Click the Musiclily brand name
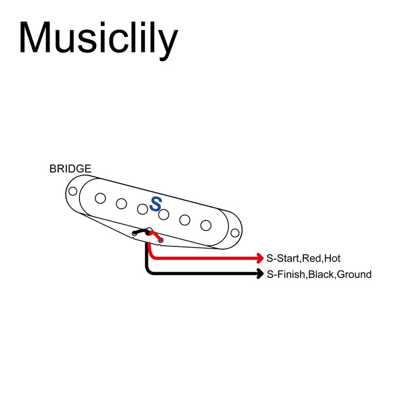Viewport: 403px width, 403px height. click(98, 39)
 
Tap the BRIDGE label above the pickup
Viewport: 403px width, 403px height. click(70, 169)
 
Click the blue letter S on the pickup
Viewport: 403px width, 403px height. click(155, 203)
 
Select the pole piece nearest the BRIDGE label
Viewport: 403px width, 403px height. click(100, 198)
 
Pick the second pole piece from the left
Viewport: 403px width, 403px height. click(121, 203)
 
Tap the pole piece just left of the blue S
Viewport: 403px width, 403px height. click(142, 208)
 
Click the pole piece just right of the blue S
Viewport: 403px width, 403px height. click(164, 214)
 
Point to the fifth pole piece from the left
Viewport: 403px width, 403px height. click(185, 219)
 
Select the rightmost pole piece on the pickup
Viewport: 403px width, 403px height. click(206, 225)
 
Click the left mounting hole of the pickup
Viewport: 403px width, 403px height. click(73, 191)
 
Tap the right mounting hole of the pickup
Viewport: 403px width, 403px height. click(235, 233)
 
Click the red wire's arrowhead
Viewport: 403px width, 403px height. click(260, 258)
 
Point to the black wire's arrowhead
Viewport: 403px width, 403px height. click(260, 274)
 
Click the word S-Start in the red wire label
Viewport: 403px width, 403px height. click(284, 258)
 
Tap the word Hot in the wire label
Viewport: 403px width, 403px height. click(332, 258)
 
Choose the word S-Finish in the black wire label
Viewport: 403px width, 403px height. click(286, 275)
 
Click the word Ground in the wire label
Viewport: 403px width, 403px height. click(354, 275)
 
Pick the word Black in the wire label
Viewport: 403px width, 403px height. click(321, 275)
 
